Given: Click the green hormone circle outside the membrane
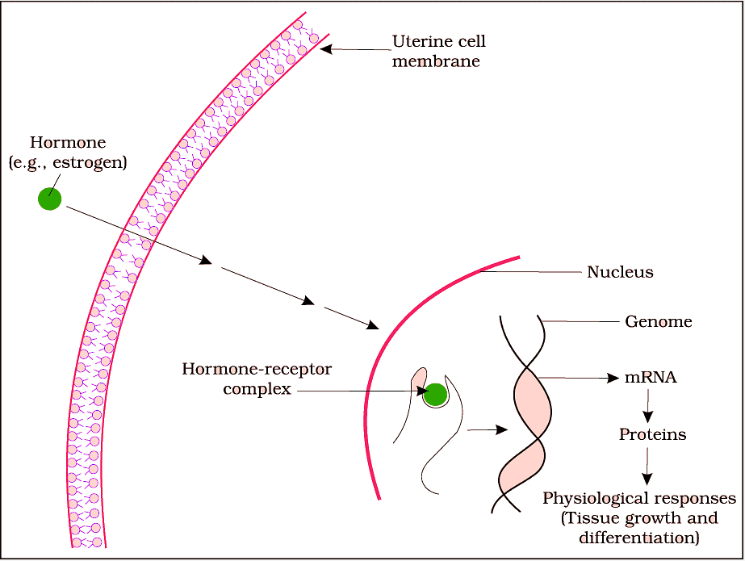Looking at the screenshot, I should coord(50,199).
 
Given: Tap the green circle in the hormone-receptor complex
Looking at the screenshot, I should coord(436,395).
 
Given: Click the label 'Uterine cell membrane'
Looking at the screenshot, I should coord(439,51).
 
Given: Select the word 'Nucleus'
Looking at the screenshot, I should coord(620,272).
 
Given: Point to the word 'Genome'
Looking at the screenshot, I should coord(659,322).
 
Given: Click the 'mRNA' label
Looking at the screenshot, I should coord(651,377).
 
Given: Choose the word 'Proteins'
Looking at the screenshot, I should coord(652,434).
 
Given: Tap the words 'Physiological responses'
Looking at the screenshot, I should coord(639,498).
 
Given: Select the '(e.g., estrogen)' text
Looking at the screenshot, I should coord(68,161).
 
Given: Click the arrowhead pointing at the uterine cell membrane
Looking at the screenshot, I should coord(326,48).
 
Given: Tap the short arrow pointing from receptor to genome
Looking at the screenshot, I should coord(488,429).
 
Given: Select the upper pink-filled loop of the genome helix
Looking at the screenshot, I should coord(533,402).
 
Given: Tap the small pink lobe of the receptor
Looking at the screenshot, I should coord(419,379).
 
